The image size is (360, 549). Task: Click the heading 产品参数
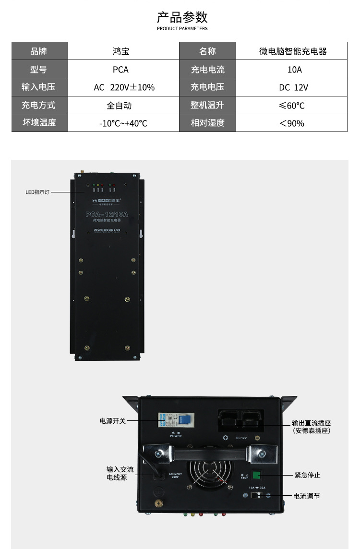pyautogui.click(x=182, y=17)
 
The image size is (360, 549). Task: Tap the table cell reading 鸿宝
pyautogui.click(x=120, y=51)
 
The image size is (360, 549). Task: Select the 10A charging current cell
pyautogui.click(x=294, y=70)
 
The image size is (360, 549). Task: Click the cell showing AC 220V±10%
pyautogui.click(x=124, y=87)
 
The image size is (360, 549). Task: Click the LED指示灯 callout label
pyautogui.click(x=37, y=192)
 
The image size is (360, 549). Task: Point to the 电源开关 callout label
pyautogui.click(x=113, y=421)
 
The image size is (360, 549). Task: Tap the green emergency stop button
pyautogui.click(x=256, y=475)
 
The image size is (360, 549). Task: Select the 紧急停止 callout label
pyautogui.click(x=307, y=475)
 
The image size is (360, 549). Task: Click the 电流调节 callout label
pyautogui.click(x=306, y=496)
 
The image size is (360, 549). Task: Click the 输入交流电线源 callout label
pyautogui.click(x=120, y=474)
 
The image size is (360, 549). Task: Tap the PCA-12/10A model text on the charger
pyautogui.click(x=107, y=215)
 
